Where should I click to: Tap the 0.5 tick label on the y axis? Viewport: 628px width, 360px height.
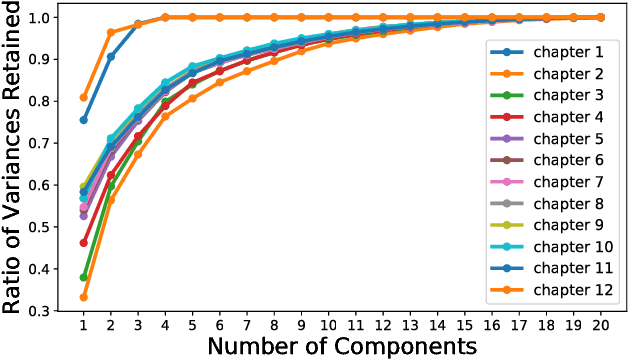[x=41, y=227]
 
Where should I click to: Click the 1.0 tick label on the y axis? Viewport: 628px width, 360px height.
[x=41, y=17]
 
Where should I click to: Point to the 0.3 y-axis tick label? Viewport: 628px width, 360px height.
[x=41, y=311]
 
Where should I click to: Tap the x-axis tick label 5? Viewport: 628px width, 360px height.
[x=193, y=325]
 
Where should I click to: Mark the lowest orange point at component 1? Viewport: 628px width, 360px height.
[x=83, y=297]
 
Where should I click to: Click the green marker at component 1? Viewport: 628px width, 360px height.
[x=83, y=277]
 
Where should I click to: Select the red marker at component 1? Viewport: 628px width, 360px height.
[x=83, y=243]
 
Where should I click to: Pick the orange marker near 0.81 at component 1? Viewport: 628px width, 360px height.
[x=83, y=97]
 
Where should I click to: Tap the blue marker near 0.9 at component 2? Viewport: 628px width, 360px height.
[x=111, y=56]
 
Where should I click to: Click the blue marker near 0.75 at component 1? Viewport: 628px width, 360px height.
[x=83, y=120]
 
